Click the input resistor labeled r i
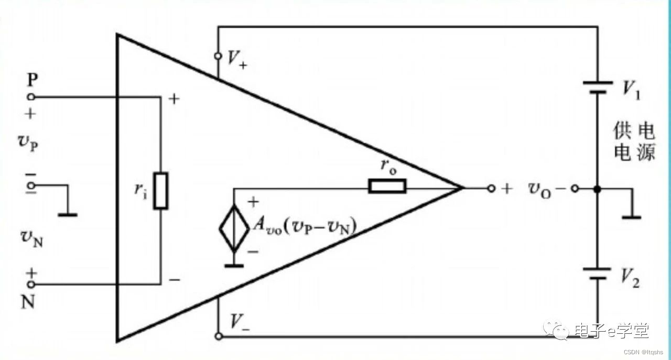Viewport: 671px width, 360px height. (161, 191)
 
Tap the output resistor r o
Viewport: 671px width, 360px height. (387, 186)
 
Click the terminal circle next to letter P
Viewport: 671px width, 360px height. (31, 97)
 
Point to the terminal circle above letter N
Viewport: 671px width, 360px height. (31, 285)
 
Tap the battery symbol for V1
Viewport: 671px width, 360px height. (597, 86)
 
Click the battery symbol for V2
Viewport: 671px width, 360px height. (597, 274)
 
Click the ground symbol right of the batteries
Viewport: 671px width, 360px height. (633, 215)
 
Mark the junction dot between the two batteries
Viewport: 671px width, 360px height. (597, 189)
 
